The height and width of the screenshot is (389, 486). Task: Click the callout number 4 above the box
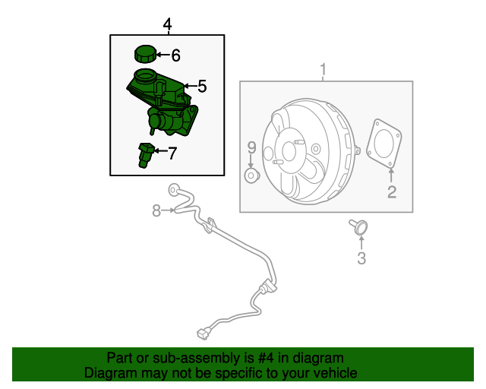click(168, 25)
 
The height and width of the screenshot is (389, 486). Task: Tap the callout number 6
click(175, 55)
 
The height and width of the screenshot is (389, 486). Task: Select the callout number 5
click(201, 87)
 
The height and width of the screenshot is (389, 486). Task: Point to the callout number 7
click(172, 153)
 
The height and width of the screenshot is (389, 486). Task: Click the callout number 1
click(323, 71)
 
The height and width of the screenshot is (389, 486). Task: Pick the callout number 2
click(392, 192)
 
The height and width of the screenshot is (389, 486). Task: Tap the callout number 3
click(361, 259)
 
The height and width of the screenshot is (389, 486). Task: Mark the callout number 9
click(251, 147)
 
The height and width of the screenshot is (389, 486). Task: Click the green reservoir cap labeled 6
click(144, 55)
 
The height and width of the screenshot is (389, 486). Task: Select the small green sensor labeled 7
click(145, 153)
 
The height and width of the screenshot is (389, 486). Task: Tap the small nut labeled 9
click(251, 176)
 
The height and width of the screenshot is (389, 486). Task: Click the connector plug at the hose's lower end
click(202, 332)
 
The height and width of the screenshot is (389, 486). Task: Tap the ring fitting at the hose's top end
click(173, 188)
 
